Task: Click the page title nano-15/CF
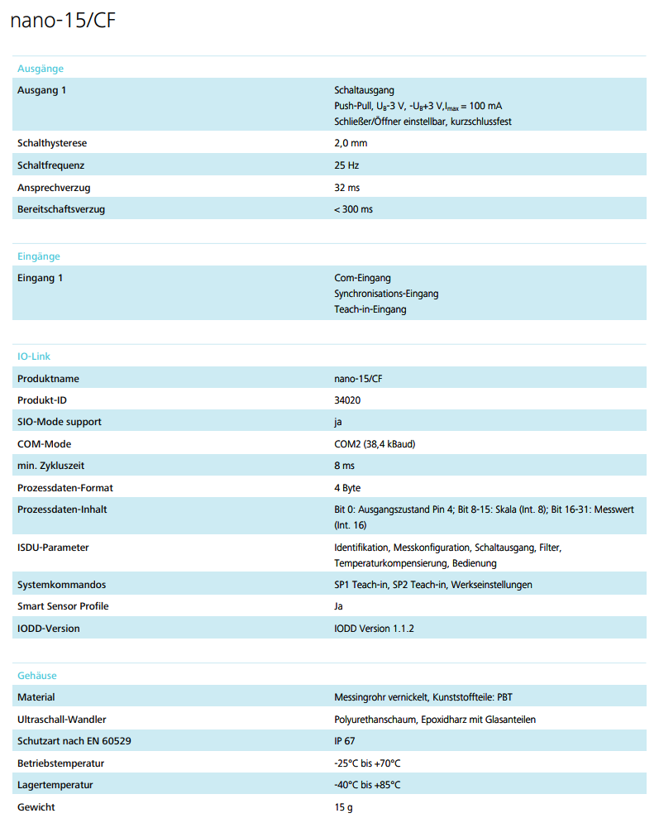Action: tap(63, 22)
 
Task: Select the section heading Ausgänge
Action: tap(41, 69)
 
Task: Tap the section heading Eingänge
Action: tap(39, 256)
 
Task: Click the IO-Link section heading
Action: tap(34, 356)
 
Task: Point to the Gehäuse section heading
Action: tap(37, 676)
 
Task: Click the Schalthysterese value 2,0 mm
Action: tap(351, 143)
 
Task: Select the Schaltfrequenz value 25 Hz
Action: tap(346, 165)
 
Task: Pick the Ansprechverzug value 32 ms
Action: tap(346, 188)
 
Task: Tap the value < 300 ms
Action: tap(353, 209)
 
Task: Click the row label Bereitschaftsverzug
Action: tap(61, 209)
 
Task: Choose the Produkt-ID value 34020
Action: tap(347, 400)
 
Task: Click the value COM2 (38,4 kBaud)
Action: tap(375, 444)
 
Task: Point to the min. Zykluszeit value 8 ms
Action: tap(344, 466)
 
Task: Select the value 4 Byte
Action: tap(347, 488)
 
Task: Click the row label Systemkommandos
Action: tap(61, 585)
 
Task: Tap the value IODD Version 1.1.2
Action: tap(374, 629)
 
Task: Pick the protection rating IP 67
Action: tap(345, 741)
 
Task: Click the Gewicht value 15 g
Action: tap(343, 807)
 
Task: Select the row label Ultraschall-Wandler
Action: tap(61, 720)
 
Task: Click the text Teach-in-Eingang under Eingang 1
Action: tap(370, 309)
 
